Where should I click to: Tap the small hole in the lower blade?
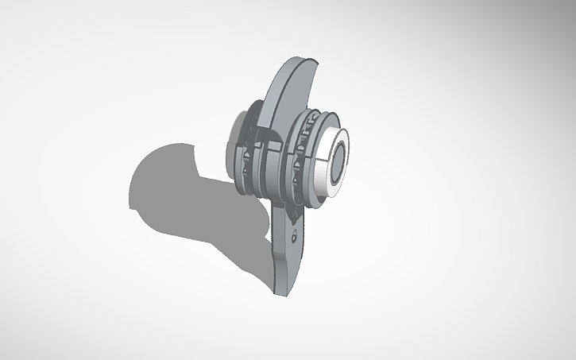(x=296, y=236)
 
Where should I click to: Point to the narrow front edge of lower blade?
(x=299, y=262)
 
